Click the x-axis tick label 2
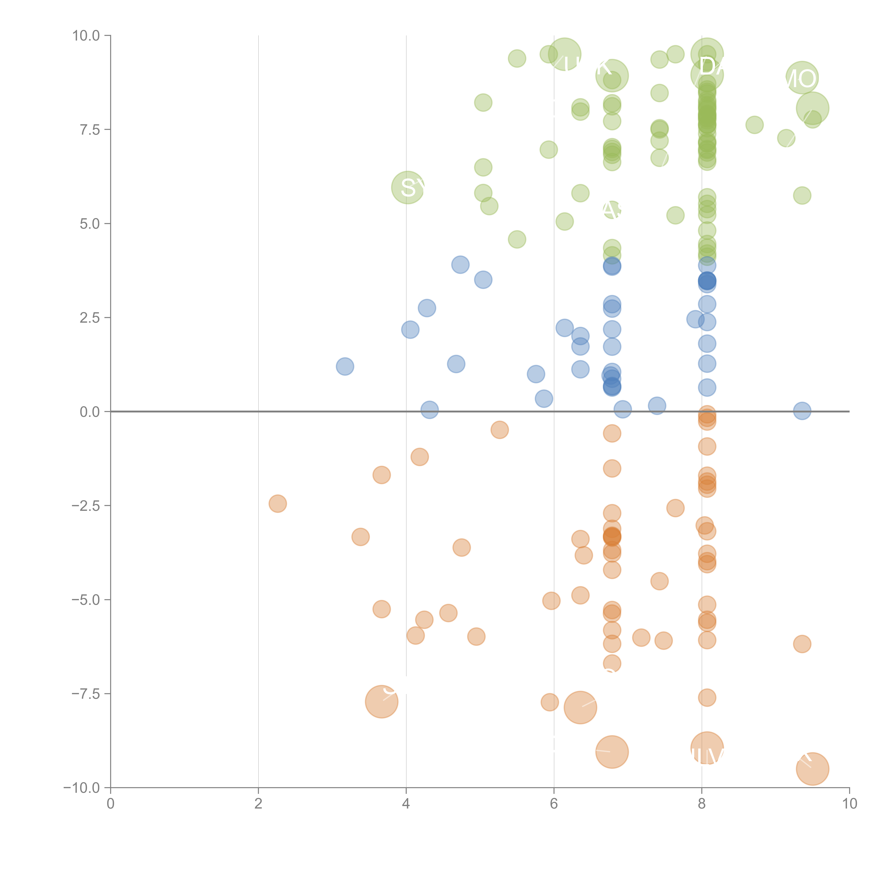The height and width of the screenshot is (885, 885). click(x=258, y=804)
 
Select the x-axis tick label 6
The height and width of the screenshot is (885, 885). click(x=554, y=804)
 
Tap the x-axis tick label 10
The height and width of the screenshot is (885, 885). click(x=849, y=804)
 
